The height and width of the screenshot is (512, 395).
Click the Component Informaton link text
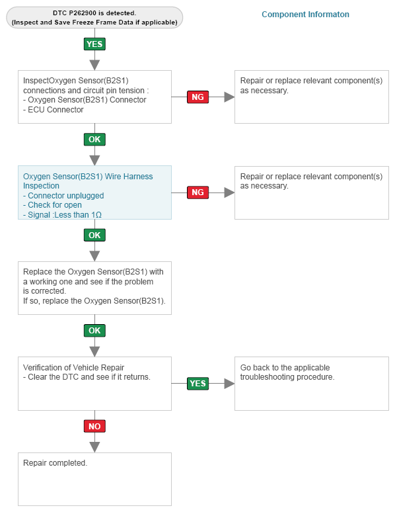(x=305, y=15)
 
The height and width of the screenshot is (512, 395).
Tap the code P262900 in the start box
(x=83, y=13)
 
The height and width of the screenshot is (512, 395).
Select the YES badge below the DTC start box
(x=94, y=44)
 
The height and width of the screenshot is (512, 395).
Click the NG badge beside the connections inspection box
(x=197, y=97)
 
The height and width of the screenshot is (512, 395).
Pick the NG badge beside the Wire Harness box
(x=197, y=192)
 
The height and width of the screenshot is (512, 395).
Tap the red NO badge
(x=94, y=426)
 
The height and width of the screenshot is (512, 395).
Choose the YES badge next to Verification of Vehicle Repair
(x=197, y=384)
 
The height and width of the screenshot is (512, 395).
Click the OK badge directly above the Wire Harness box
(x=94, y=140)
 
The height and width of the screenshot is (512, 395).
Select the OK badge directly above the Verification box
(x=94, y=331)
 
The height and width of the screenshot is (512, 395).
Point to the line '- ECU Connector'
(x=53, y=110)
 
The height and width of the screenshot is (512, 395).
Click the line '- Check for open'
(x=52, y=205)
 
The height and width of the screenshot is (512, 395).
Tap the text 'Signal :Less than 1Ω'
(x=65, y=215)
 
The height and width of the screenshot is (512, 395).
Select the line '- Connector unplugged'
(x=63, y=196)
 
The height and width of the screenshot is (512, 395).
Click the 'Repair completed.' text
(x=55, y=463)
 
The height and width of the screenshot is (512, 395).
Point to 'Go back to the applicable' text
(x=285, y=368)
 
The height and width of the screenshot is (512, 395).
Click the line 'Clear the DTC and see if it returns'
(x=89, y=377)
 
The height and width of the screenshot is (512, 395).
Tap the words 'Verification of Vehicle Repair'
(x=73, y=368)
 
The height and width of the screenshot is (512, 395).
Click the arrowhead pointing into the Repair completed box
(x=94, y=447)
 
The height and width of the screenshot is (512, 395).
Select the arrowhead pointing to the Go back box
(x=229, y=384)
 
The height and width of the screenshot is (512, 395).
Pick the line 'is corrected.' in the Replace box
(x=44, y=291)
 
